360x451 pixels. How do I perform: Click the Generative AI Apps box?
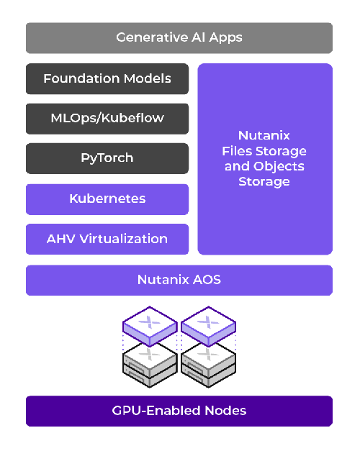(179, 37)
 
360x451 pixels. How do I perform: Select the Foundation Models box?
(107, 78)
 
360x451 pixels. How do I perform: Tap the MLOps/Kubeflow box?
(107, 119)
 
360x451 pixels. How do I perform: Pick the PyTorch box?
(107, 158)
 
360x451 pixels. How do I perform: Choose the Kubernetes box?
(107, 199)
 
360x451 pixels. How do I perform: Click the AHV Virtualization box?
(107, 239)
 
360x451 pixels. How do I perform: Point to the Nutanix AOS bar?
(179, 280)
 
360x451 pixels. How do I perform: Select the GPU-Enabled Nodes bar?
(179, 411)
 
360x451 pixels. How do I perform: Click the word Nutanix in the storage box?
(264, 135)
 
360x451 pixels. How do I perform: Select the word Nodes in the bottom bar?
(222, 411)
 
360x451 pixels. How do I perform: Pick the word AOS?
(207, 280)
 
